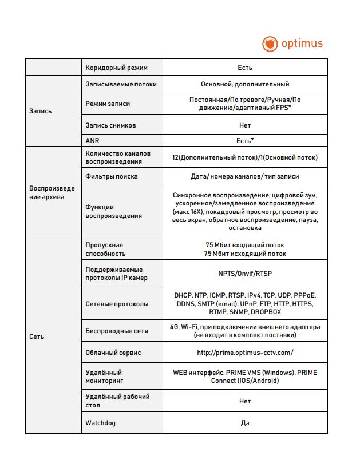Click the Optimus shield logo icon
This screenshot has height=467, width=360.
[x=270, y=43]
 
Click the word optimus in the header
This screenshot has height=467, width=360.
[x=302, y=43]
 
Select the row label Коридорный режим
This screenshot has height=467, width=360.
[x=116, y=68]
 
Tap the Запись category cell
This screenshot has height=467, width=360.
[x=40, y=111]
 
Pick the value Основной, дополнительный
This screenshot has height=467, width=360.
[x=245, y=84]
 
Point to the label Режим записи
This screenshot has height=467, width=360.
[x=108, y=104]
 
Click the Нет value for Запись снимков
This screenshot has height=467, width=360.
[x=245, y=125]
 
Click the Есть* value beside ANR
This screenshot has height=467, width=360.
[x=245, y=140]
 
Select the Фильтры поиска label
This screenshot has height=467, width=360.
[x=112, y=176]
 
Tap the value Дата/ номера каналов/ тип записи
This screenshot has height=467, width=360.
[x=245, y=176]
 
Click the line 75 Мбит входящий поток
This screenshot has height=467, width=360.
[x=245, y=245]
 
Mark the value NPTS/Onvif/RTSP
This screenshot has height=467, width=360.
[x=245, y=274]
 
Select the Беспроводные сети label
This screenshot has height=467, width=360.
[x=117, y=331]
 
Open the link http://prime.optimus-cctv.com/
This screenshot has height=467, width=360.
[x=245, y=353]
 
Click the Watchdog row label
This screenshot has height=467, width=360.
[x=101, y=424]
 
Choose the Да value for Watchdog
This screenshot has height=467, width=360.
[x=245, y=424]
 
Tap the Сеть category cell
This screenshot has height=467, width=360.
[x=37, y=337]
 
